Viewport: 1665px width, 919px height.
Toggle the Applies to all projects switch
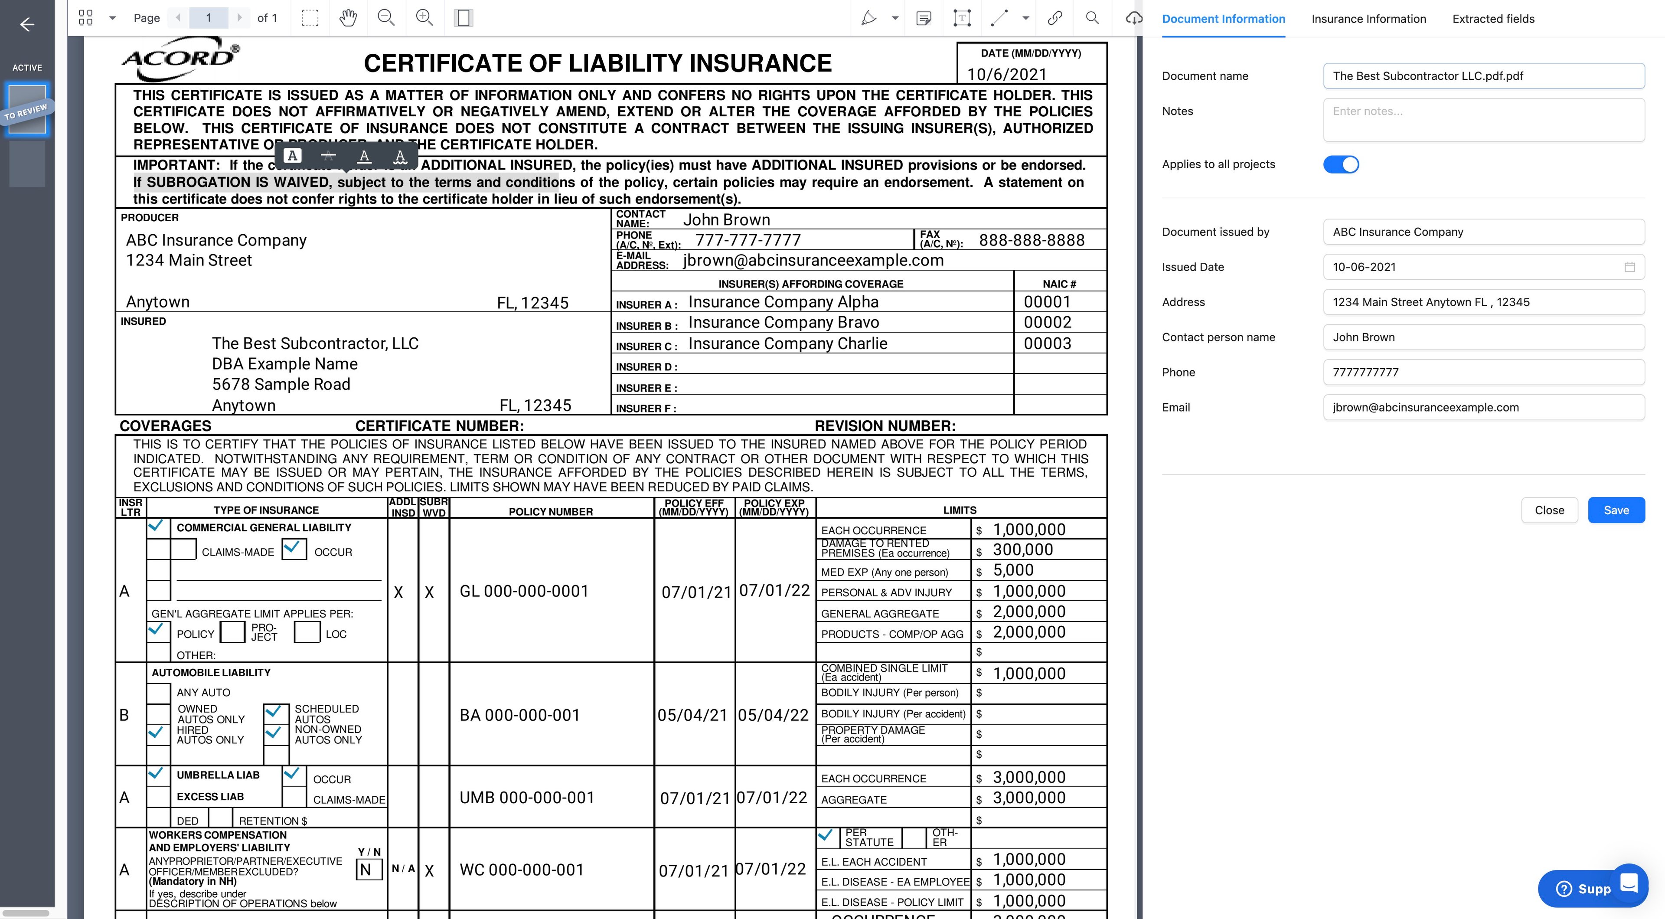[x=1341, y=164]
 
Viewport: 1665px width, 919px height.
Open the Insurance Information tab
[x=1368, y=19]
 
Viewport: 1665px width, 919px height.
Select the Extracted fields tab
[x=1493, y=19]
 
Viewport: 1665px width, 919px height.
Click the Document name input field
[x=1483, y=75]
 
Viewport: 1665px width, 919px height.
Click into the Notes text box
[x=1483, y=120]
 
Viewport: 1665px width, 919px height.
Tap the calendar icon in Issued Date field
[x=1629, y=267]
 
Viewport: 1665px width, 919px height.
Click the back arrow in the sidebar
[x=27, y=25]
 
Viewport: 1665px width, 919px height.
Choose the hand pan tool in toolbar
[x=348, y=18]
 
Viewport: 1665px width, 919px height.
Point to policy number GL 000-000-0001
[x=523, y=591]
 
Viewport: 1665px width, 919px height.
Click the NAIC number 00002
[x=1047, y=322]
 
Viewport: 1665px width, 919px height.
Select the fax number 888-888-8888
[x=1032, y=240]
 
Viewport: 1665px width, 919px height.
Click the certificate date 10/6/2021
[x=1006, y=74]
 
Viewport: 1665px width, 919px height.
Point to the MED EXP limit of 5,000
[x=1013, y=570]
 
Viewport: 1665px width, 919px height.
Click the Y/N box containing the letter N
[x=366, y=869]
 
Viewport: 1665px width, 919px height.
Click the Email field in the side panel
[x=1483, y=407]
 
